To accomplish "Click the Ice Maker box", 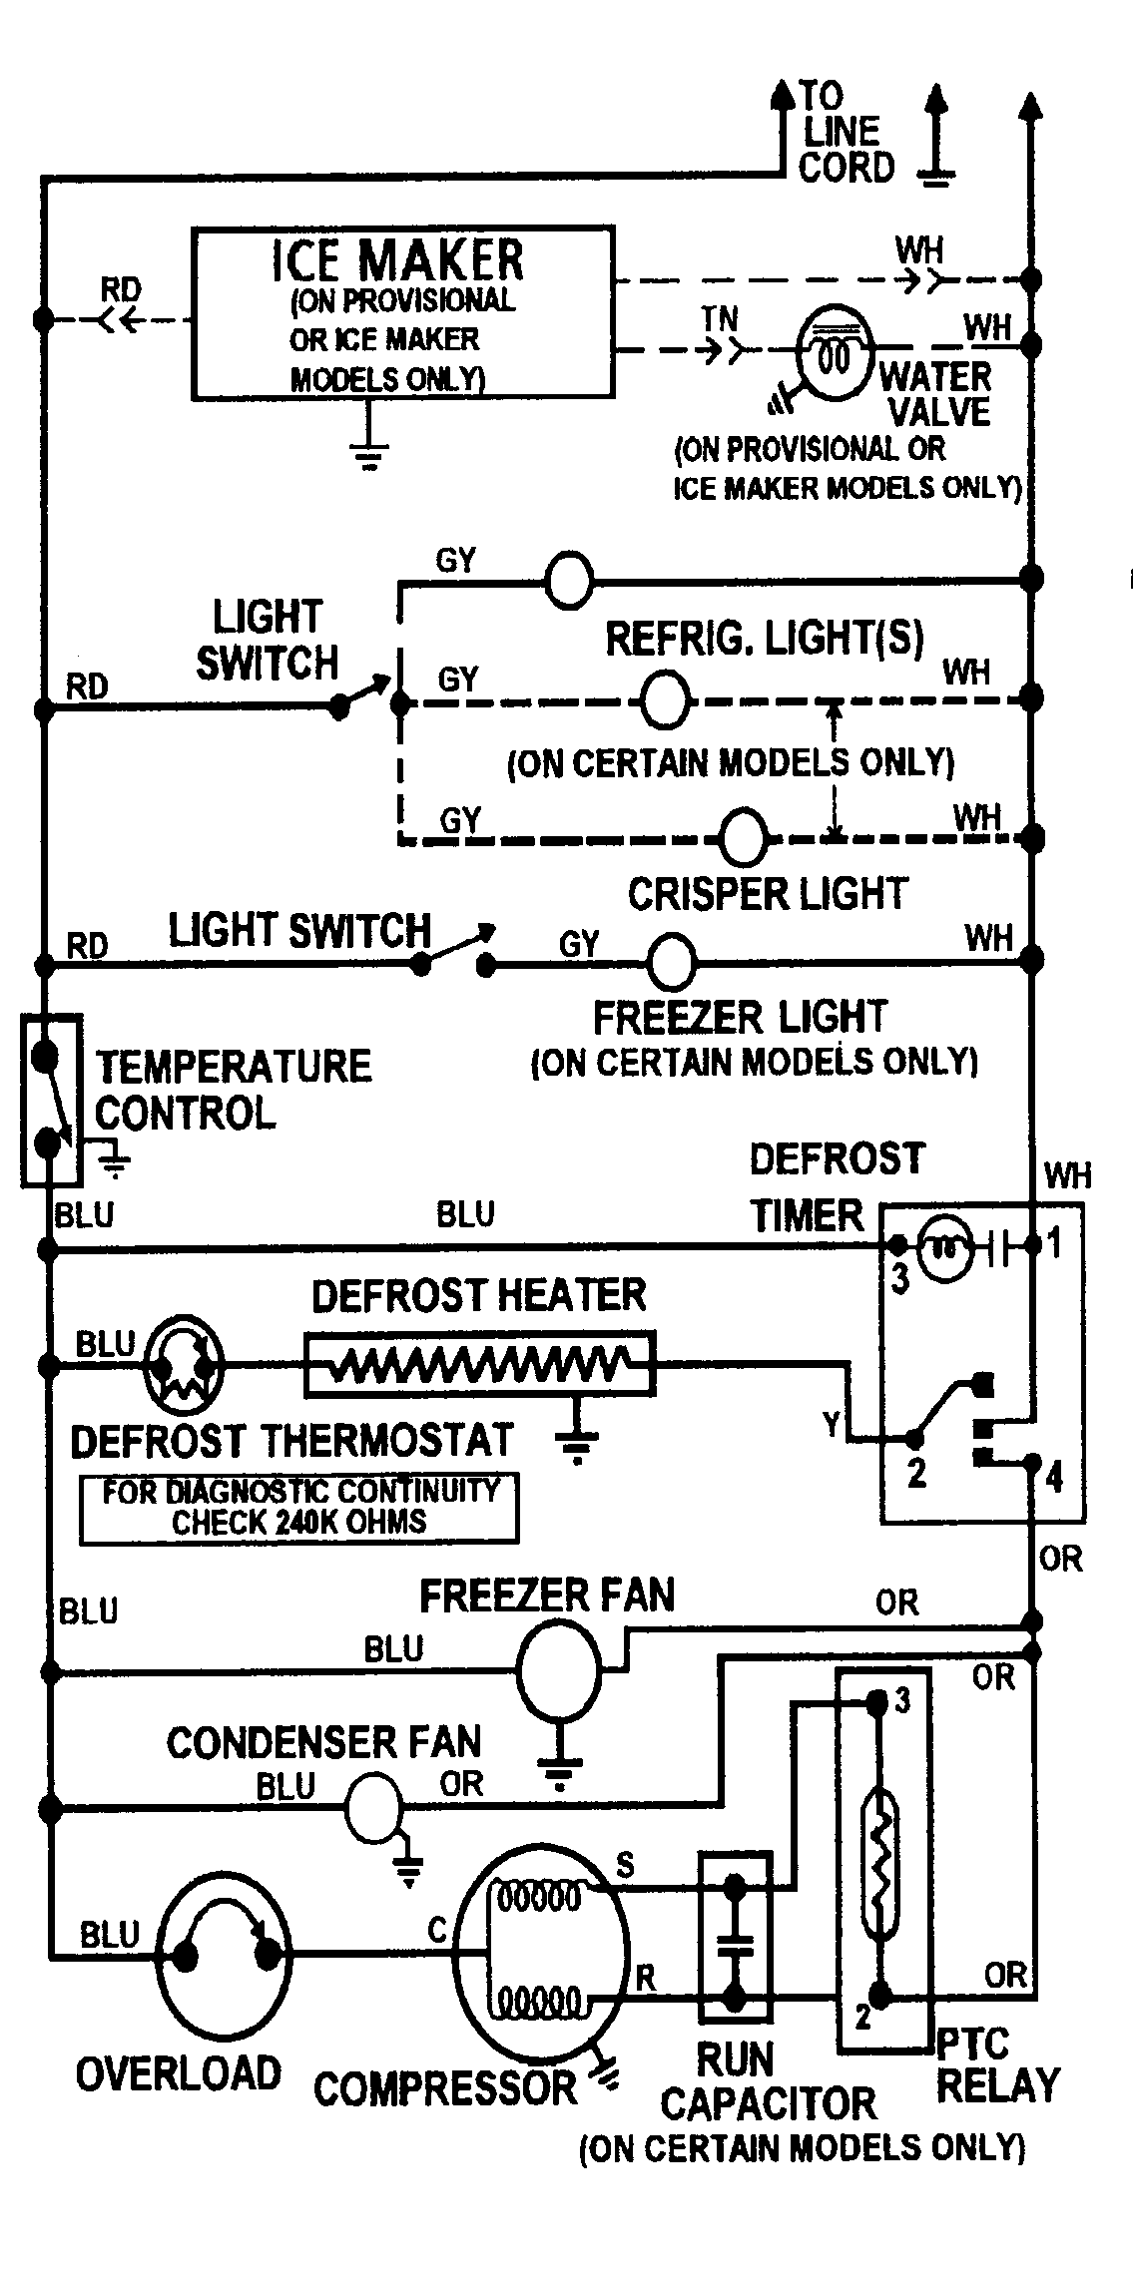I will tap(402, 313).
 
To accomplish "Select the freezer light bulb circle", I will tap(672, 960).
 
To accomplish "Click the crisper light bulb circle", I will tap(744, 836).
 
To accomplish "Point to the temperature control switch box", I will tap(50, 1101).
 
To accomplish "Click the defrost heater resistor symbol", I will tap(480, 1364).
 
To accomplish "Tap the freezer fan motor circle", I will tap(559, 1665).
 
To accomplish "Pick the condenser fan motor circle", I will tap(373, 1807).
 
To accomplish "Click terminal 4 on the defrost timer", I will tap(1054, 1477).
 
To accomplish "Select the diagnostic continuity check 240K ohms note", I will tap(298, 1508).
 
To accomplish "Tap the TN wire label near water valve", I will tap(719, 318).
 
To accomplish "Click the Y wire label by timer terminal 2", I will tap(832, 1425).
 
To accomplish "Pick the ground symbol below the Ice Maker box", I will tap(369, 455).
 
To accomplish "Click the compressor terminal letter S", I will tap(625, 1864).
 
